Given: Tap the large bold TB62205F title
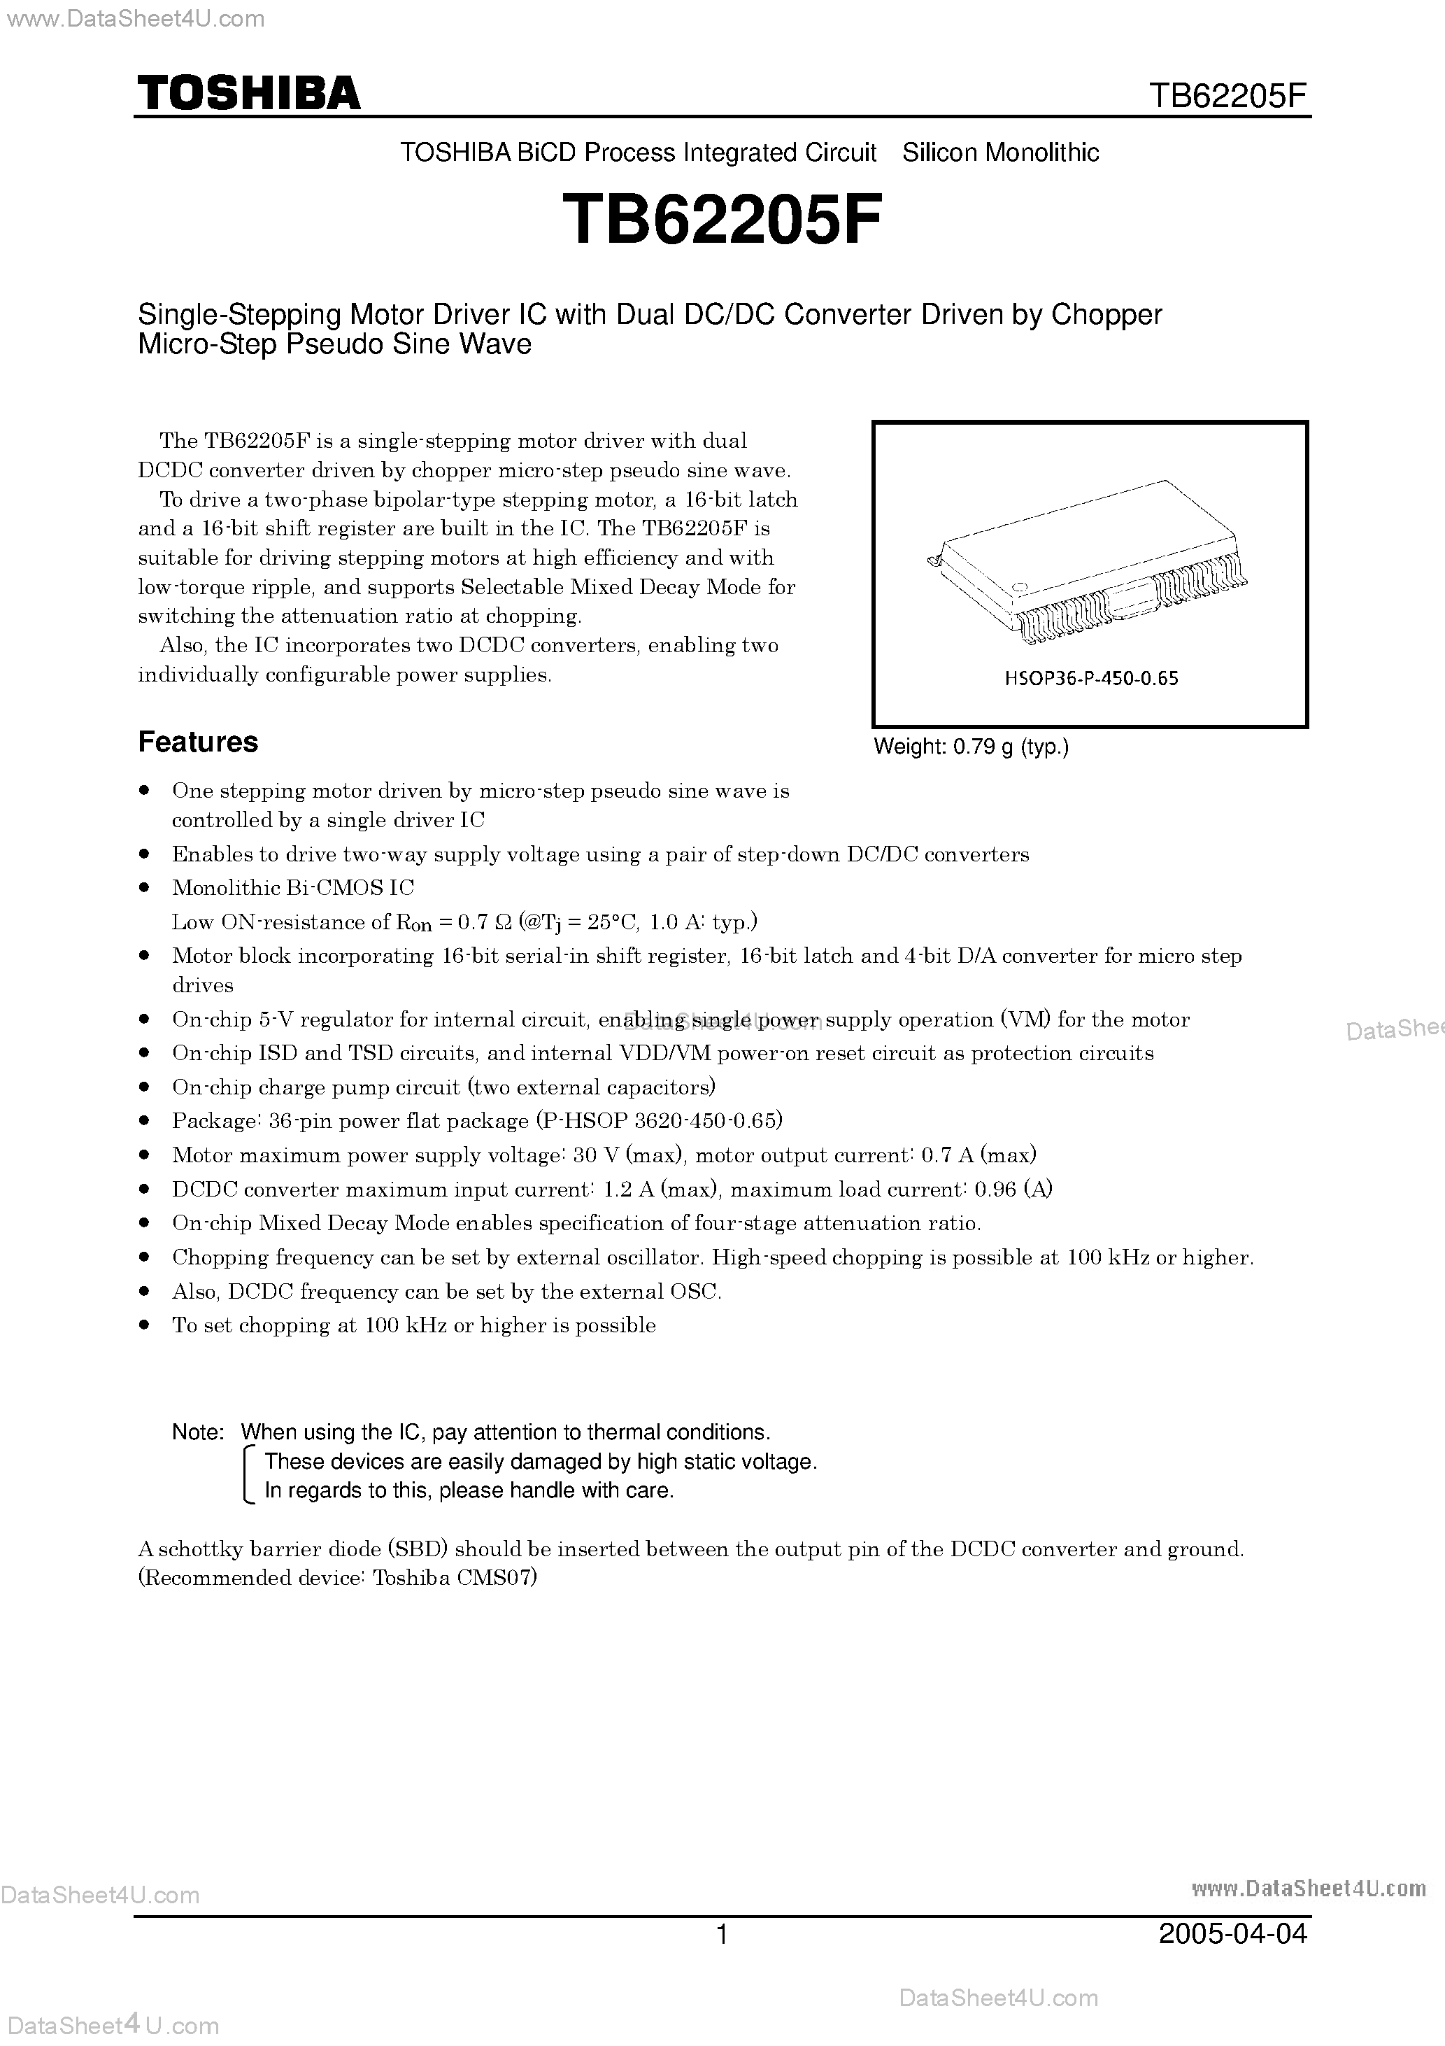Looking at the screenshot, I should [722, 221].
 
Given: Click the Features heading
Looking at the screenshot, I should [198, 742].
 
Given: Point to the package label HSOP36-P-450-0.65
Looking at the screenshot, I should [1091, 678].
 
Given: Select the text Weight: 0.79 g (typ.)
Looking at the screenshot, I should [971, 747].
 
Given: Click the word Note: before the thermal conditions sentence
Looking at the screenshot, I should [198, 1433].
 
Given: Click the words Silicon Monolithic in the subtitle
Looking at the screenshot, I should [1000, 153].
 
